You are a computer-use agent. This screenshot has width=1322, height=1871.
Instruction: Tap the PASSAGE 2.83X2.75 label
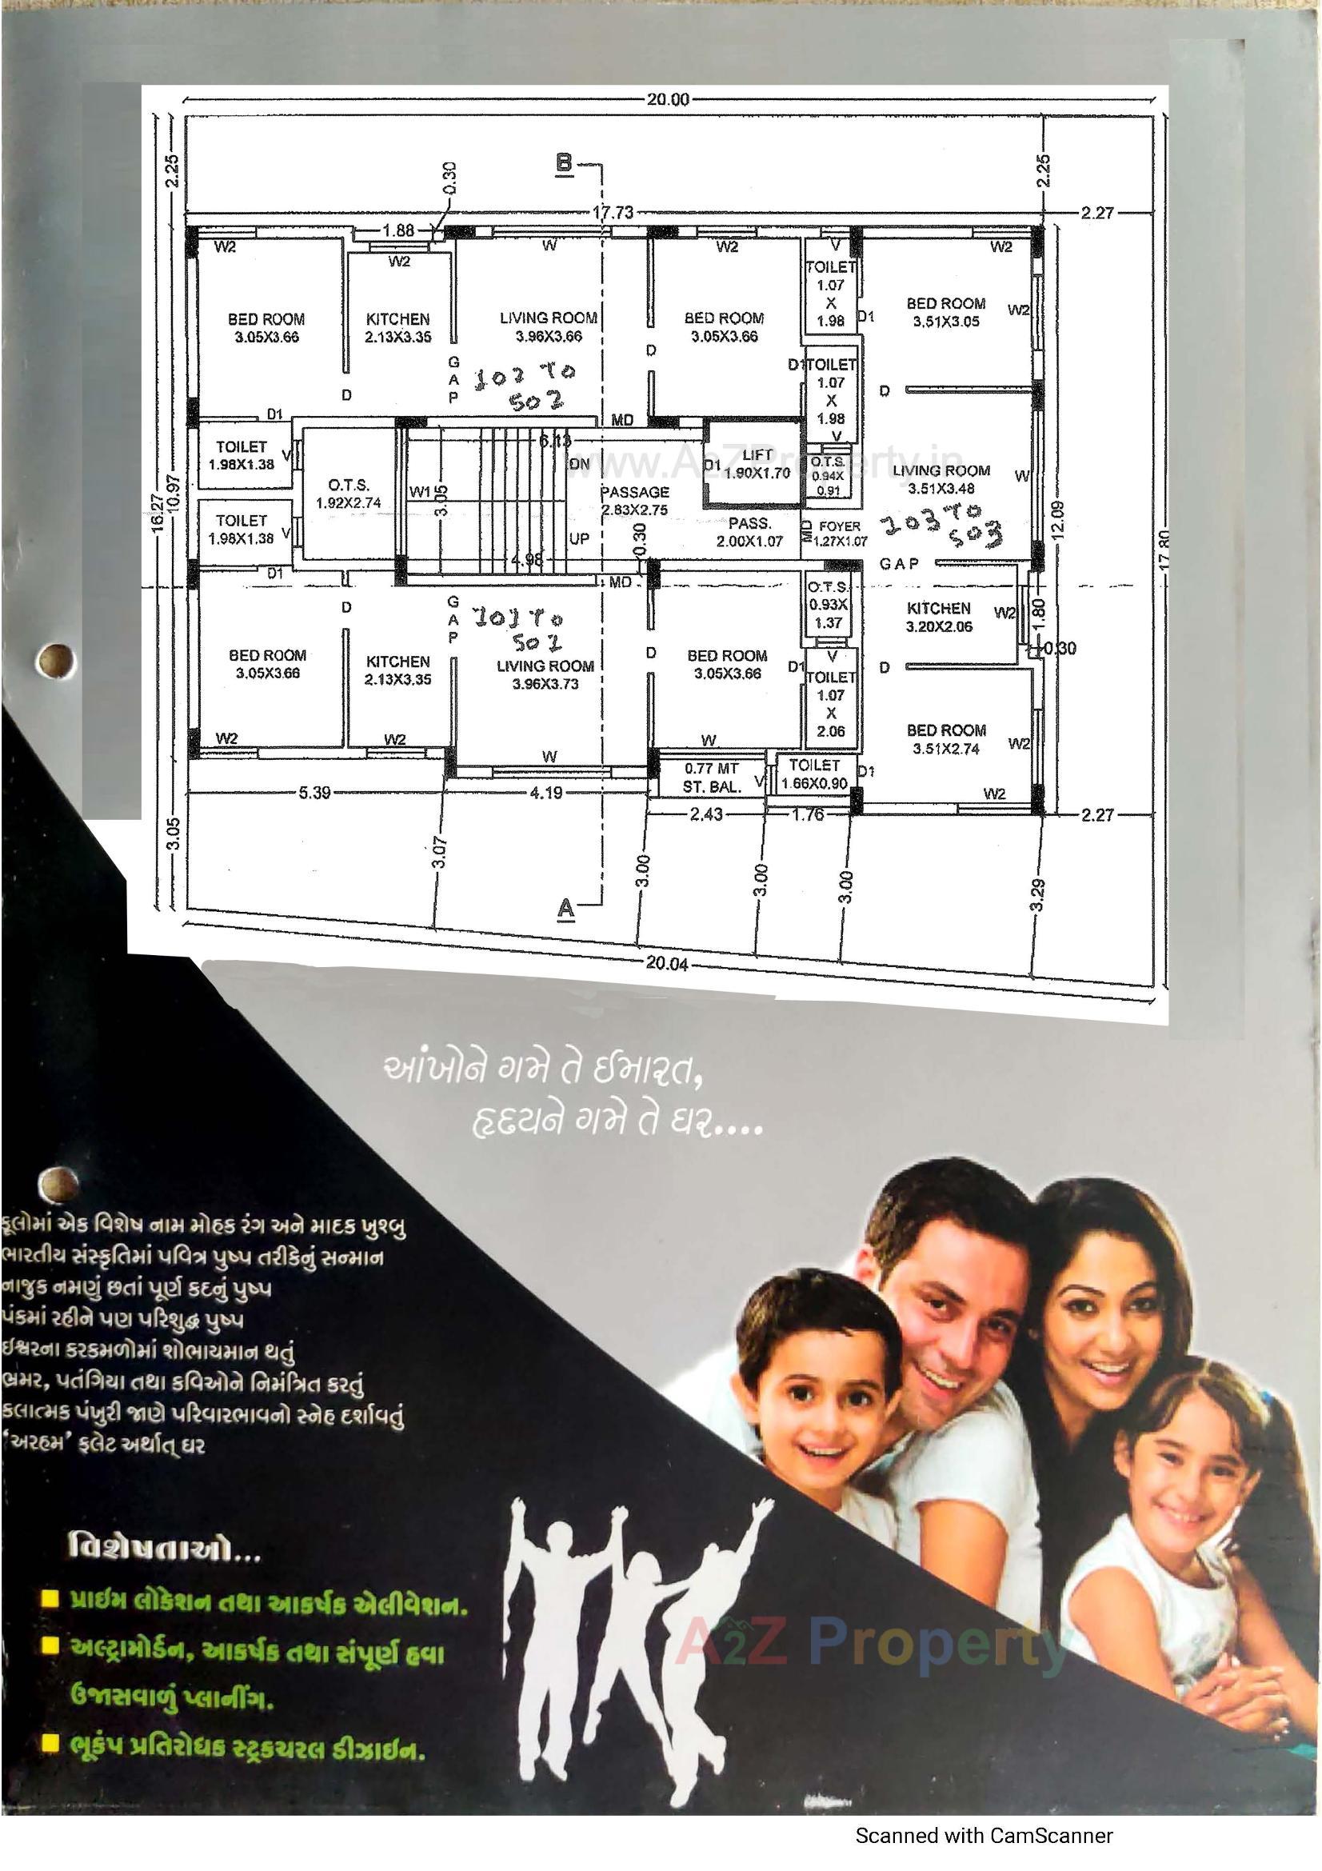(634, 500)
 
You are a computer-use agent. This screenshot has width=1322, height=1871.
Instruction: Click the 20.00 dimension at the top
(667, 100)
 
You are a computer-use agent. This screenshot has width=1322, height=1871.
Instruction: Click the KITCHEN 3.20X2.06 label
(938, 617)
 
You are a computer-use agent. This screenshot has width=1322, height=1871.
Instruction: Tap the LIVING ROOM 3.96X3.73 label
(545, 675)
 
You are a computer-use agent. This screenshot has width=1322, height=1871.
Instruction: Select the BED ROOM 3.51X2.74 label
(945, 739)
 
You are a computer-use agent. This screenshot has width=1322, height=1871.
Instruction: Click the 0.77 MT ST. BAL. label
(711, 778)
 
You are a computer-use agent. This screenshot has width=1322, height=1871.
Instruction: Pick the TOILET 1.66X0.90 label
(813, 774)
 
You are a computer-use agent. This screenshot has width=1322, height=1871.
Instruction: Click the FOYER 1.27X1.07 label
(839, 533)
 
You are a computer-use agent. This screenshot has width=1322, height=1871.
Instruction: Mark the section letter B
(564, 162)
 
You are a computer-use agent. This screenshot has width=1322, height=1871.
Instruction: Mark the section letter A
(565, 908)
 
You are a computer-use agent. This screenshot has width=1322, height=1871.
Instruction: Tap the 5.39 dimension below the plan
(314, 792)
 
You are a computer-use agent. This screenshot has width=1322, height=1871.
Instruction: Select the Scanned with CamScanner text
(983, 1853)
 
